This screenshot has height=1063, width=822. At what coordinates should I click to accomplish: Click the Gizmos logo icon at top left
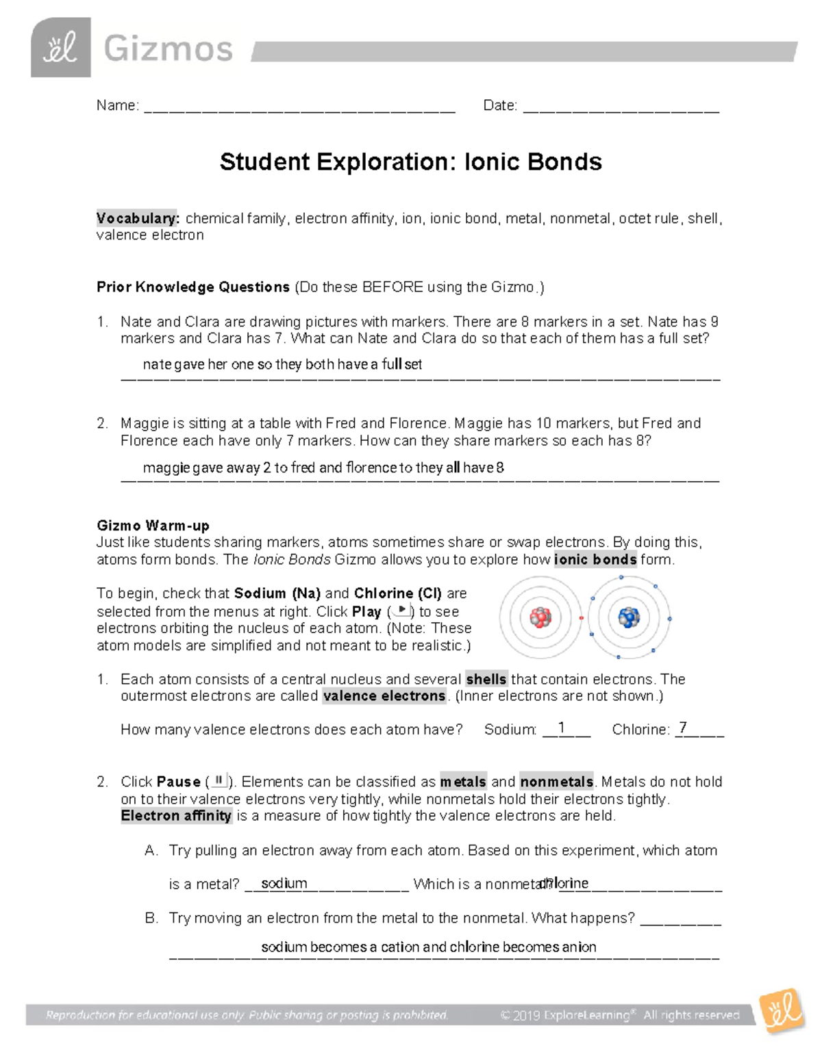(x=60, y=48)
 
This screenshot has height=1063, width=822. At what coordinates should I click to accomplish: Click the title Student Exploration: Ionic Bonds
(x=410, y=162)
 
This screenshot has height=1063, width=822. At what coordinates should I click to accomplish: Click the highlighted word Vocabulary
(x=137, y=218)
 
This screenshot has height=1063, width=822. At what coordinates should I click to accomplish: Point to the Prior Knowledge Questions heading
(x=193, y=287)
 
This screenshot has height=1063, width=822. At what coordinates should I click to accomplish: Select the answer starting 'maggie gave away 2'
(x=323, y=468)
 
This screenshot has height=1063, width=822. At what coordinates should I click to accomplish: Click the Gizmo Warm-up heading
(x=153, y=526)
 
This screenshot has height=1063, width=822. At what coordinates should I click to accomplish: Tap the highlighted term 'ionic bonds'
(x=595, y=559)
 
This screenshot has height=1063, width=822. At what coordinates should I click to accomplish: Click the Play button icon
(x=401, y=611)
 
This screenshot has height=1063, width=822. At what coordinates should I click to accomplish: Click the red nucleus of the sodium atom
(x=540, y=618)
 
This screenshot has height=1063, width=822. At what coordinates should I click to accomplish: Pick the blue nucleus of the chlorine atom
(x=628, y=617)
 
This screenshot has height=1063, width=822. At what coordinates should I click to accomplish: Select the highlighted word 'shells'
(x=486, y=679)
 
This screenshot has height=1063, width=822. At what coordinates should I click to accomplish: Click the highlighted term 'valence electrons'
(x=384, y=696)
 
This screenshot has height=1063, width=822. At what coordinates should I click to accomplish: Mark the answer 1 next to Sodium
(x=562, y=728)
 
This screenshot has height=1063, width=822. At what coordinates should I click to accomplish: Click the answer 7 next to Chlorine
(x=682, y=728)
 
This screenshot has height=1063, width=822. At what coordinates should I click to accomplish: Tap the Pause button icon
(x=219, y=780)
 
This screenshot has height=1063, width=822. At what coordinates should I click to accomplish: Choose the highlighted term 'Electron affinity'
(x=176, y=816)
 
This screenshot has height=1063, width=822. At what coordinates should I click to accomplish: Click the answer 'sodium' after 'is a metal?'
(x=284, y=883)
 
